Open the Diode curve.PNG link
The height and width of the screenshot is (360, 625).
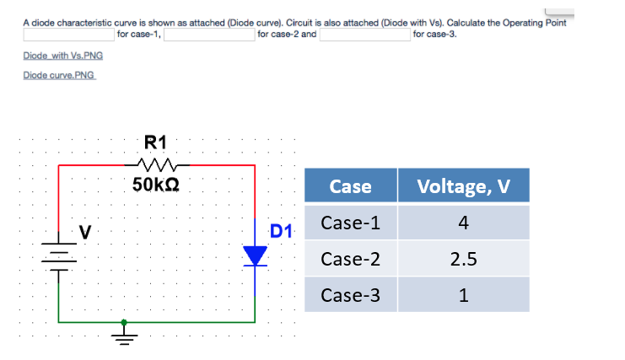[x=60, y=75]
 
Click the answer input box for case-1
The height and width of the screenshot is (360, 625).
[x=68, y=35]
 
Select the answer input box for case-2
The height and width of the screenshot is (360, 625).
[x=208, y=35]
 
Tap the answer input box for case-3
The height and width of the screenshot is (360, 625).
[x=364, y=35]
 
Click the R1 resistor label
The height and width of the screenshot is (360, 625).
[x=156, y=142]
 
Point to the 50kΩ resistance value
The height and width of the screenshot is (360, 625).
[x=156, y=185]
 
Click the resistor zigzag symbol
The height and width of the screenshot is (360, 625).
[x=156, y=164]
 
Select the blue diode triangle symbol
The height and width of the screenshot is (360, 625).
[x=256, y=256]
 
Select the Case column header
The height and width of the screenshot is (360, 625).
[x=350, y=185]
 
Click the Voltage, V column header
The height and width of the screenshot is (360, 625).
[x=463, y=185]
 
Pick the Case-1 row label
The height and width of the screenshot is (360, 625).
[x=350, y=223]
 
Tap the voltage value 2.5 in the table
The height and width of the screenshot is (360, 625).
[x=463, y=259]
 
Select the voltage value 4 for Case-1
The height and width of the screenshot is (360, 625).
[x=463, y=223]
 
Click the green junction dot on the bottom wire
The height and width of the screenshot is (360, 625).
[x=124, y=321]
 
